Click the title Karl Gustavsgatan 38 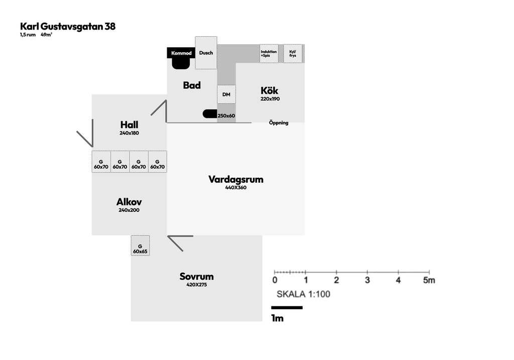pyautogui.click(x=68, y=27)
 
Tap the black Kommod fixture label pyautogui.click(x=181, y=53)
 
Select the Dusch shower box pyautogui.click(x=206, y=53)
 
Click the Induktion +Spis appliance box pyautogui.click(x=269, y=53)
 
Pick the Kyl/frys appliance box pyautogui.click(x=293, y=53)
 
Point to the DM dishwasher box pyautogui.click(x=226, y=94)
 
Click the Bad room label pyautogui.click(x=192, y=85)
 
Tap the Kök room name pyautogui.click(x=270, y=91)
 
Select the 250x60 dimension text pyautogui.click(x=226, y=116)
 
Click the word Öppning pyautogui.click(x=279, y=123)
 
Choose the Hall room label pyautogui.click(x=129, y=125)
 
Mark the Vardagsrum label pyautogui.click(x=236, y=179)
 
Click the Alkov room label pyautogui.click(x=129, y=202)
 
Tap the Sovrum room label pyautogui.click(x=196, y=277)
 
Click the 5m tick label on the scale pyautogui.click(x=429, y=280)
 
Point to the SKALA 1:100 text pyautogui.click(x=303, y=294)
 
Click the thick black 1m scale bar pyautogui.click(x=287, y=307)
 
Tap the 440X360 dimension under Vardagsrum pyautogui.click(x=236, y=188)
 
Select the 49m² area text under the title pyautogui.click(x=46, y=35)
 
